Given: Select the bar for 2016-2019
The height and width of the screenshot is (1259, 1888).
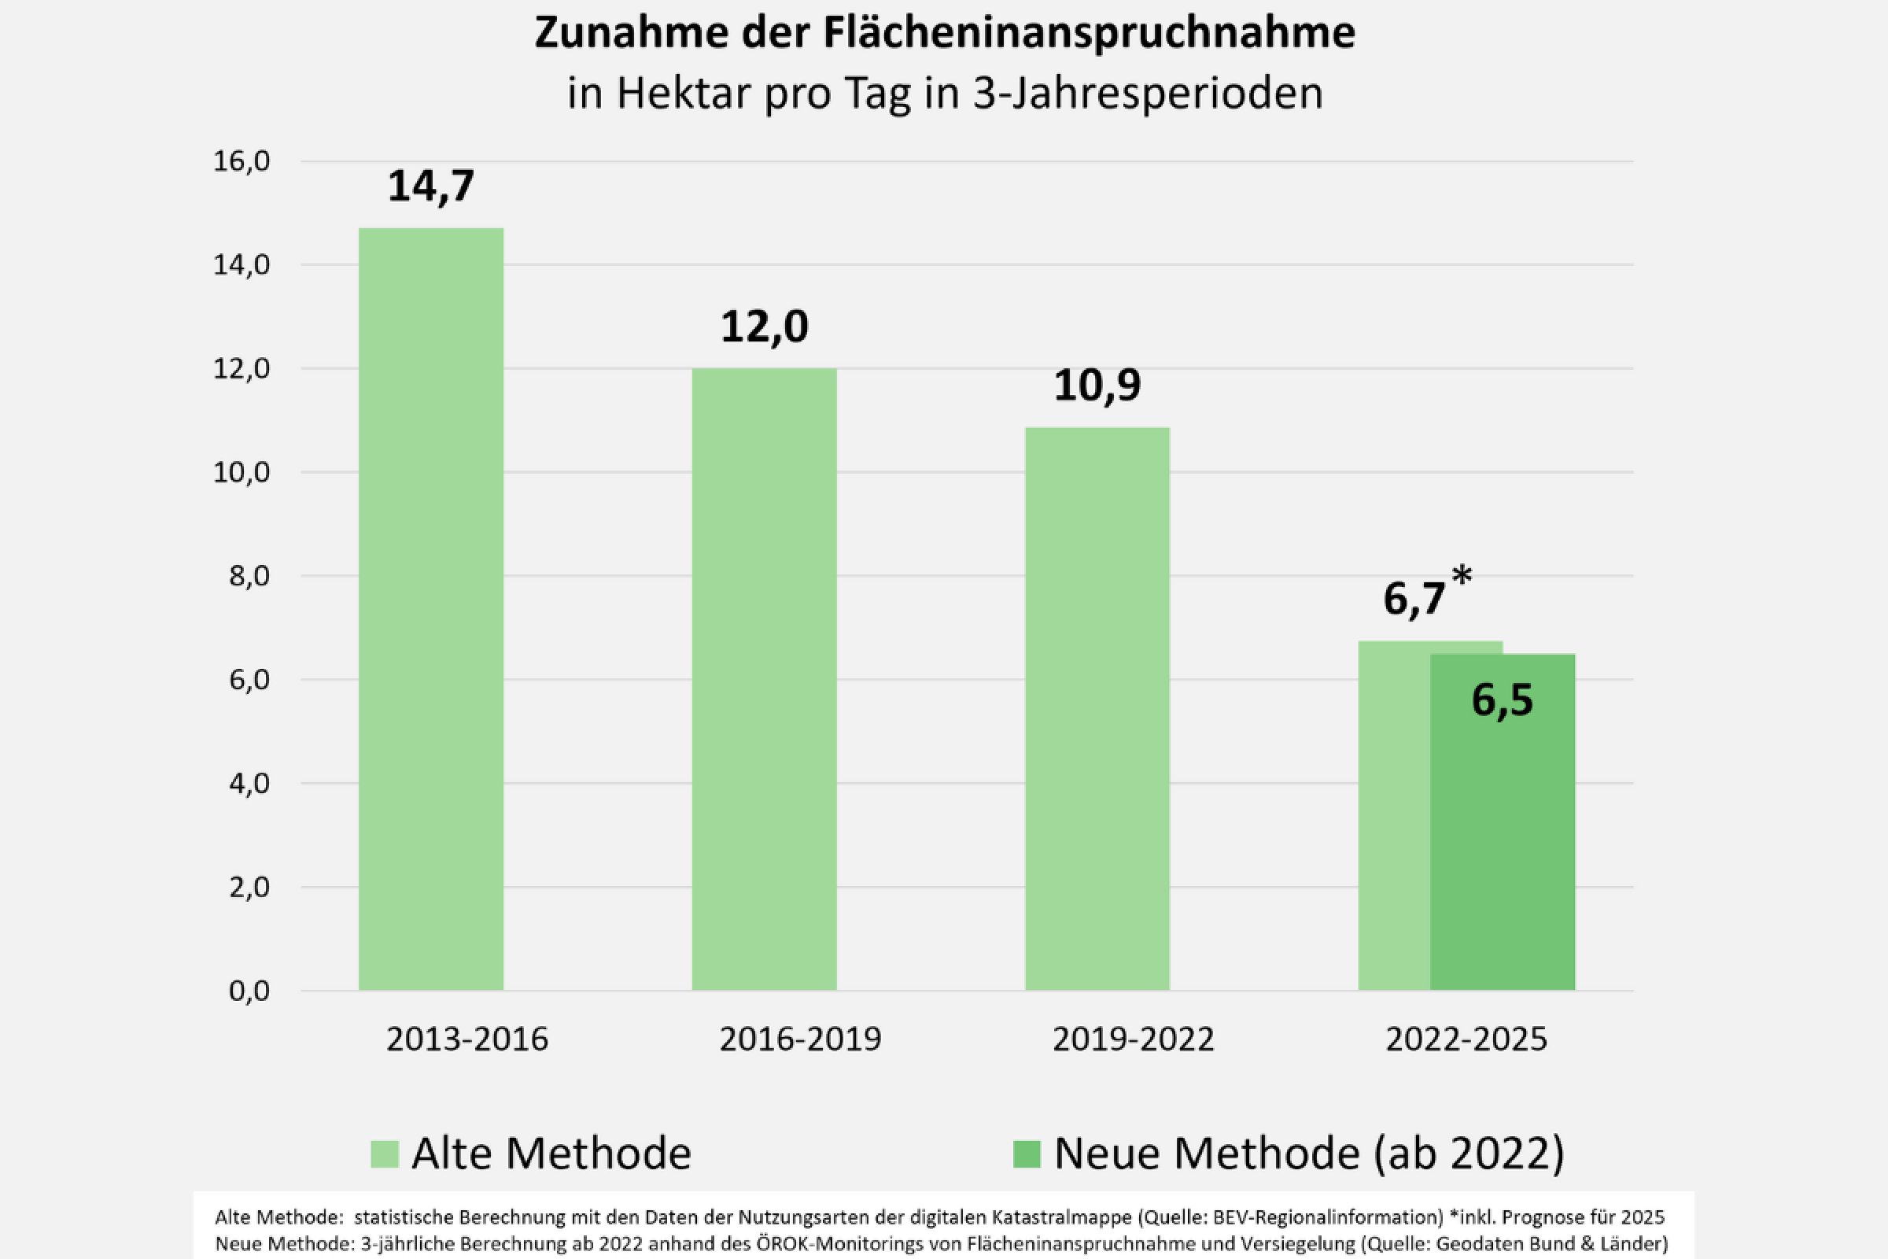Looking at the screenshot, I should click(x=764, y=678).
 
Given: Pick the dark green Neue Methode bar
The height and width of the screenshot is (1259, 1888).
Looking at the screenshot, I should click(x=1503, y=851).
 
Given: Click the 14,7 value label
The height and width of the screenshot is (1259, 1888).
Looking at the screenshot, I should click(x=431, y=186).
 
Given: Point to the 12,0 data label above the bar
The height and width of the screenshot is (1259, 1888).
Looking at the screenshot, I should click(x=764, y=327).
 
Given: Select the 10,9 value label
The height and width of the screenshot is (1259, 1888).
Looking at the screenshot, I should click(x=1097, y=386).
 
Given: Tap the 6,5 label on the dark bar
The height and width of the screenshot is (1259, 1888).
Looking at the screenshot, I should click(x=1502, y=700).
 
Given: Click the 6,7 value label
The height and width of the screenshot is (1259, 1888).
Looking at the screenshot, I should click(x=1414, y=599).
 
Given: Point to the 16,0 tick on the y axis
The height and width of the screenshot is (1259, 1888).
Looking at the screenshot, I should click(x=242, y=161).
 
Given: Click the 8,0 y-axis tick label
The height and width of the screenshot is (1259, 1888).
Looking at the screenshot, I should click(x=249, y=576).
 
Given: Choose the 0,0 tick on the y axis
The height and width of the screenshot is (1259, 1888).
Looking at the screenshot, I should click(x=249, y=991).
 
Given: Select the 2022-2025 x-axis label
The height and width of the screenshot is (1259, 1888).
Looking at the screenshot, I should click(x=1466, y=1039).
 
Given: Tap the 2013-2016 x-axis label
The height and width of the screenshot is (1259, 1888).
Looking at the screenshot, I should click(x=467, y=1039).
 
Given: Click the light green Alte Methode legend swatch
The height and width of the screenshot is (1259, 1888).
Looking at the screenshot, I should click(x=385, y=1154).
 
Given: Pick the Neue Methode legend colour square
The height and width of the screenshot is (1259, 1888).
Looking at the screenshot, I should click(x=1027, y=1154).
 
